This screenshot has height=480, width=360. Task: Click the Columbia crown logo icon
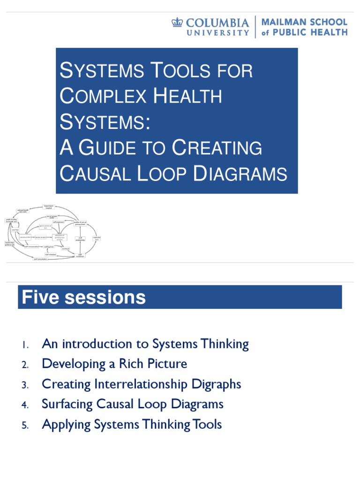pos(177,22)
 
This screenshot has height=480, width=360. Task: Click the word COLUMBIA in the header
pos(218,22)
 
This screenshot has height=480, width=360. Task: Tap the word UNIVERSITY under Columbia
pos(218,33)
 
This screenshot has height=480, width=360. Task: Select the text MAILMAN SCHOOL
pos(304,22)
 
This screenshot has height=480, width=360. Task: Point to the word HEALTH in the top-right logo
pos(330,33)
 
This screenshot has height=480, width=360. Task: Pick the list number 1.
pos(25,345)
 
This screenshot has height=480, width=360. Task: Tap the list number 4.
pos(25,405)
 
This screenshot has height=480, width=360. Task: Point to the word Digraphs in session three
pos(216,384)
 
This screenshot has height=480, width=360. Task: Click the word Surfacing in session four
pos(66,404)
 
